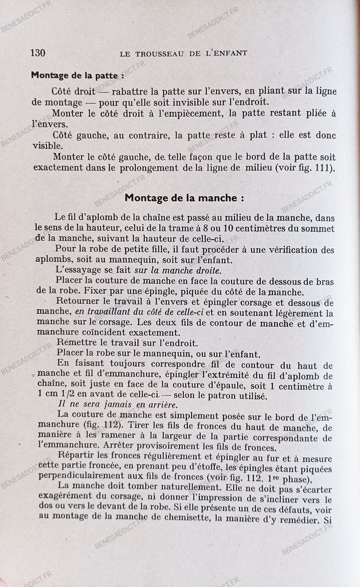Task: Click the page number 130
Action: click(x=38, y=53)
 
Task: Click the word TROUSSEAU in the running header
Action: click(x=163, y=53)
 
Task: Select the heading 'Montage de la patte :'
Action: click(x=77, y=75)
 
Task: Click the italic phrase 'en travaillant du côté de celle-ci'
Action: click(x=136, y=314)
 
